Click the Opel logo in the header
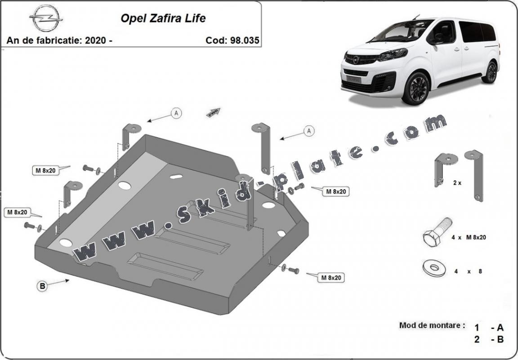point(45,18)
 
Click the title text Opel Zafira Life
point(163,18)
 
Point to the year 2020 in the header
point(95,40)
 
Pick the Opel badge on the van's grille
point(356,60)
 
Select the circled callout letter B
point(42,286)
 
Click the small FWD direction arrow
point(214,112)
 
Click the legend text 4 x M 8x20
point(469,237)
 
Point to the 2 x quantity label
point(457,182)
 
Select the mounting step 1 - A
point(489,328)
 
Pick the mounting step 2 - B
point(489,339)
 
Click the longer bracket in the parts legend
point(475,175)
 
